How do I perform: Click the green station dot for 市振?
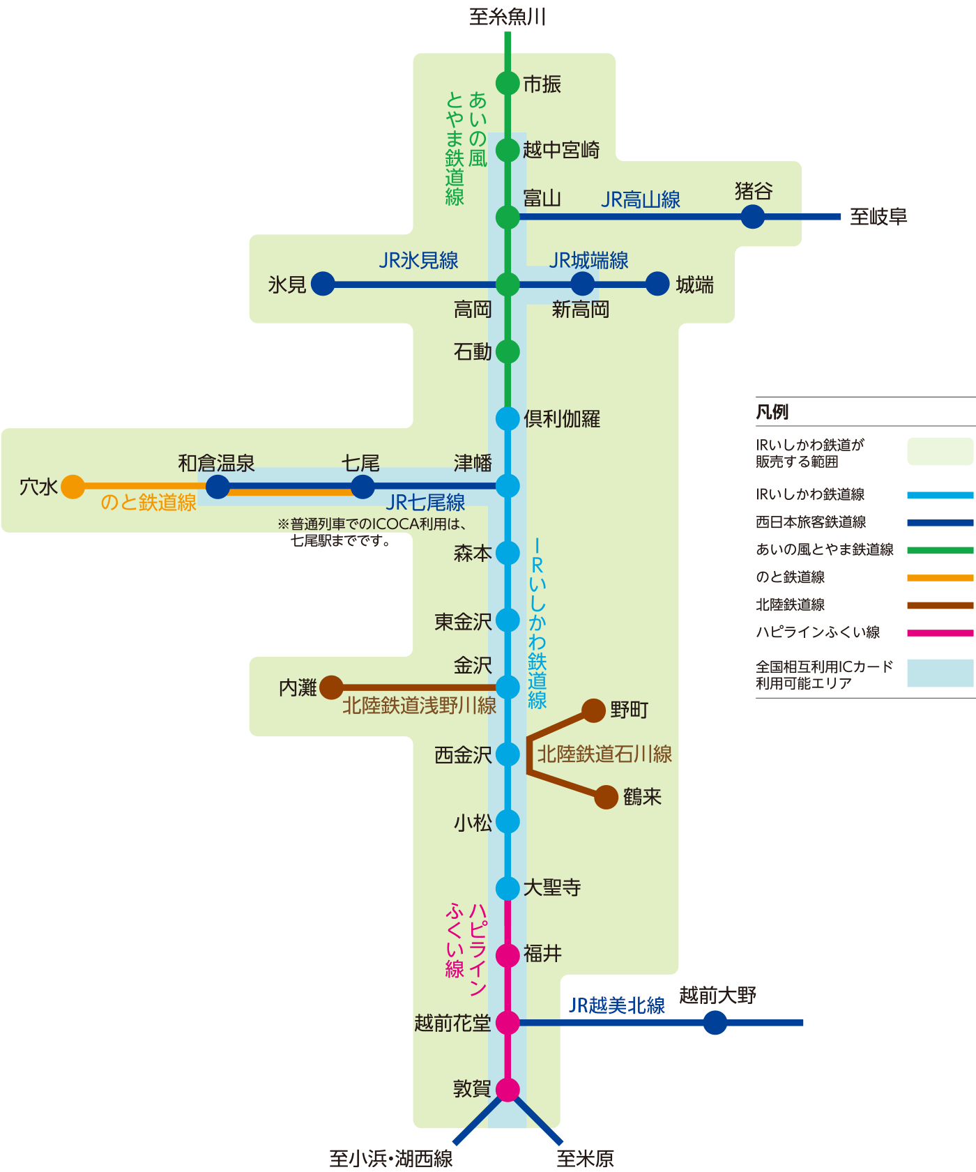508,83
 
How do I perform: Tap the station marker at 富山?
508,217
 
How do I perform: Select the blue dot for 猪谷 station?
752,216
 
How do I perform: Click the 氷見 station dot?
323,284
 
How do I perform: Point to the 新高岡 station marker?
582,284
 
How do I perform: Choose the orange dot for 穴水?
73,487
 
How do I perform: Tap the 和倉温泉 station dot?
218,487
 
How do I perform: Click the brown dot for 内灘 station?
331,687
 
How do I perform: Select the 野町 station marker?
593,710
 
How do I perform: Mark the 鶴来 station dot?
607,797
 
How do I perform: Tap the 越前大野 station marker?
715,1023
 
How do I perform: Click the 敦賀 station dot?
508,1090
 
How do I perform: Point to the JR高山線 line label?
640,200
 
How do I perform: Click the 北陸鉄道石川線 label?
604,754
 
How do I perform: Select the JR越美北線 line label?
616,1005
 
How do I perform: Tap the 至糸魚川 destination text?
507,17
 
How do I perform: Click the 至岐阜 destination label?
878,217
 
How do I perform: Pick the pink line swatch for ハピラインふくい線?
940,633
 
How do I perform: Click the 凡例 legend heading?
772,412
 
